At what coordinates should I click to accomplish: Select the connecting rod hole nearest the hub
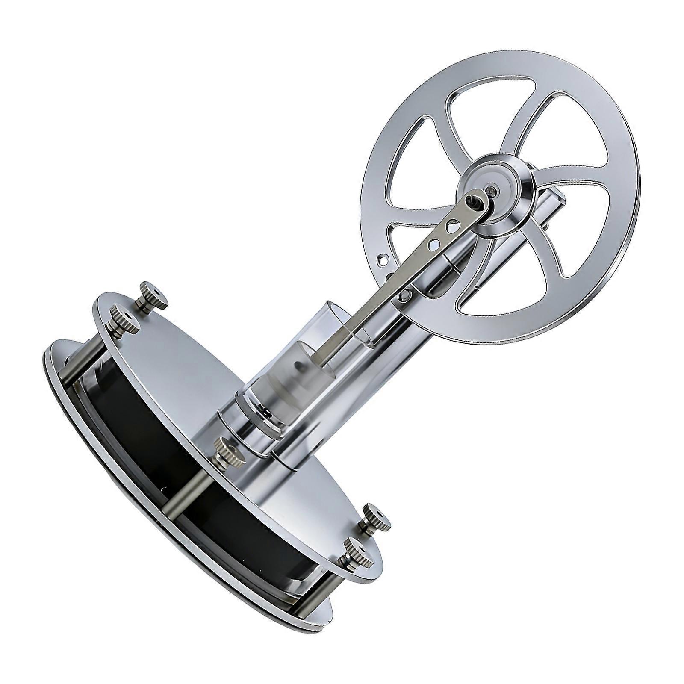tap(448, 224)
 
